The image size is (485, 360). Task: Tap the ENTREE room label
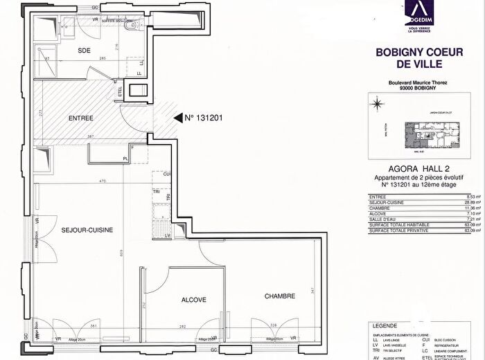(x=80, y=118)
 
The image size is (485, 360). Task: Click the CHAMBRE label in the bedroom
(x=279, y=296)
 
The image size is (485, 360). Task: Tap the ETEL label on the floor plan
(x=119, y=90)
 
